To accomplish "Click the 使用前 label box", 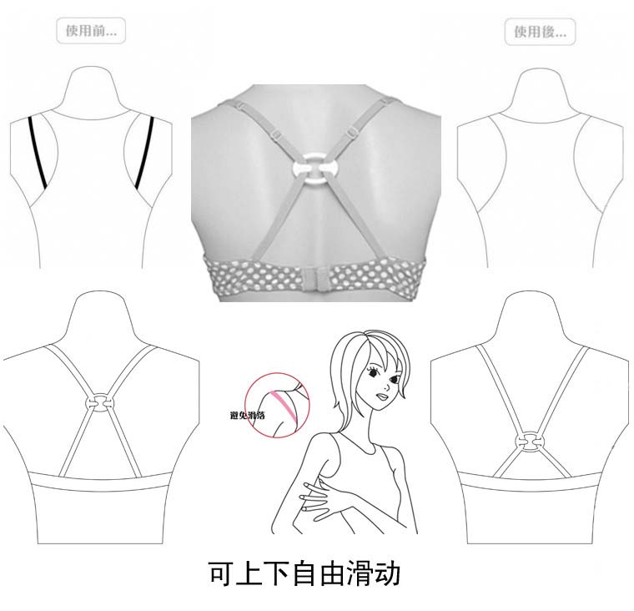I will (x=92, y=32).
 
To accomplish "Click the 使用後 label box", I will (x=541, y=33).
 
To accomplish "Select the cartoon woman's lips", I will (x=381, y=395).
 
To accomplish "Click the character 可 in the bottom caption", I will (x=219, y=573).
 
